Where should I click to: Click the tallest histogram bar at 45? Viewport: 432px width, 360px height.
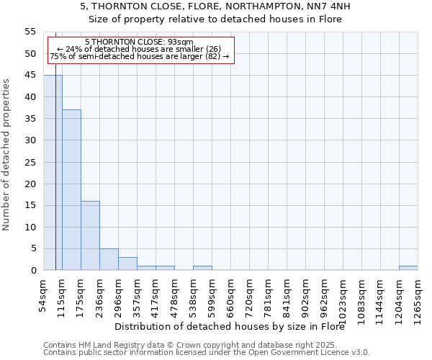[x=53, y=173]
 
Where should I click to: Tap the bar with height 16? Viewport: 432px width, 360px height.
[x=90, y=235]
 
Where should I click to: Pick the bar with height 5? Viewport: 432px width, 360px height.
[x=109, y=259]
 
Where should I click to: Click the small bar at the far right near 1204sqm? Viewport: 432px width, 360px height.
[x=408, y=268]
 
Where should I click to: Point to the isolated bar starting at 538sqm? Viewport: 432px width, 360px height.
[x=202, y=268]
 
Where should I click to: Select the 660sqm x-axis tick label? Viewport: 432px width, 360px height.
[x=230, y=293]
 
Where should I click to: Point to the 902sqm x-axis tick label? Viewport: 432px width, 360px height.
[x=305, y=293]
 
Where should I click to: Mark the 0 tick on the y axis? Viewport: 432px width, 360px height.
[x=33, y=271]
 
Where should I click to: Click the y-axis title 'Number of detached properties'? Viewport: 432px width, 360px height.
[x=6, y=156]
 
